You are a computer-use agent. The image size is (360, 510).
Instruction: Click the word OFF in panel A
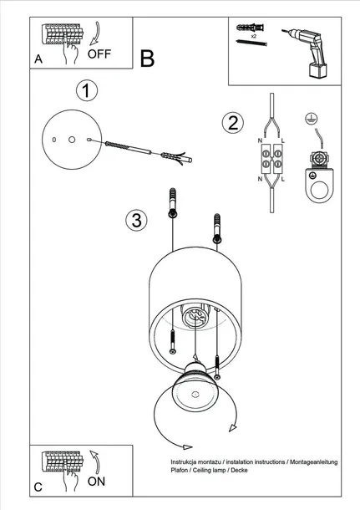click(x=99, y=54)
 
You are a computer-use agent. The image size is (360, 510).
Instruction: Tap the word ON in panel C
click(x=96, y=481)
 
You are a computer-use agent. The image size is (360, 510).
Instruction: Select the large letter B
click(x=147, y=59)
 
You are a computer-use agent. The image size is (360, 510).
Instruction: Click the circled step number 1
click(x=87, y=90)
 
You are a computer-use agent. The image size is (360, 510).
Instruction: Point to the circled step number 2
click(x=233, y=123)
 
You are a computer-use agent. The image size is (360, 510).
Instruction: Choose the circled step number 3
click(x=136, y=220)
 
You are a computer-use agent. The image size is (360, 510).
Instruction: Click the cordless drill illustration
click(x=307, y=52)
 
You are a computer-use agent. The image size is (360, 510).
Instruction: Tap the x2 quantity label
click(x=253, y=36)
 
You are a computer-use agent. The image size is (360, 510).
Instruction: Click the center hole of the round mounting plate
click(x=72, y=140)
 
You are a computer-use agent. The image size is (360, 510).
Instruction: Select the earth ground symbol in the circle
click(x=312, y=119)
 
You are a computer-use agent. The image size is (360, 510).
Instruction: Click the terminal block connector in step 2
click(x=271, y=158)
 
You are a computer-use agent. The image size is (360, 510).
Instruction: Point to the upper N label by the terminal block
click(x=260, y=140)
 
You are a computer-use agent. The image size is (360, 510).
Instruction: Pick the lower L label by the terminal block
click(x=283, y=179)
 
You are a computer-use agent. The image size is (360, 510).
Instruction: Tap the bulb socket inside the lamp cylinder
click(x=194, y=317)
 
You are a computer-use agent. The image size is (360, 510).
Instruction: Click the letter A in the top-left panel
click(x=38, y=59)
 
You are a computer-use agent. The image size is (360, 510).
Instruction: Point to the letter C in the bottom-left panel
click(x=38, y=487)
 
